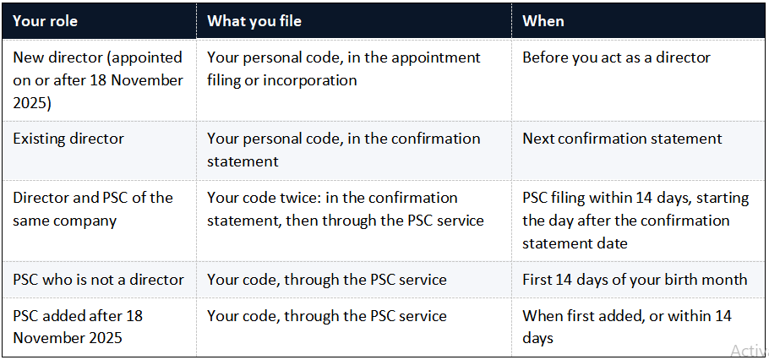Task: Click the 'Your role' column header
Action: [x=45, y=21]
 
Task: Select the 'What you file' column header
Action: [x=254, y=21]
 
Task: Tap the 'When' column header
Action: [x=543, y=21]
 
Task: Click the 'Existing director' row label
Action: [x=68, y=139]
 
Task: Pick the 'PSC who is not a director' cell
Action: [x=99, y=280]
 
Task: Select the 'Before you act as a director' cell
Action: [x=617, y=57]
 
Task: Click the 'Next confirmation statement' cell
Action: [x=622, y=139]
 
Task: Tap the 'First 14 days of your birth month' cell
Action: [x=635, y=280]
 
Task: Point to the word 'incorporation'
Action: [x=310, y=80]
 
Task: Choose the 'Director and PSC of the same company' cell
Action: [x=93, y=210]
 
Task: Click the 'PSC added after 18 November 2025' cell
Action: [x=78, y=327]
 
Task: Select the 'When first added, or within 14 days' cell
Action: [x=627, y=327]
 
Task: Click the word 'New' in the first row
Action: [x=26, y=57]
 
